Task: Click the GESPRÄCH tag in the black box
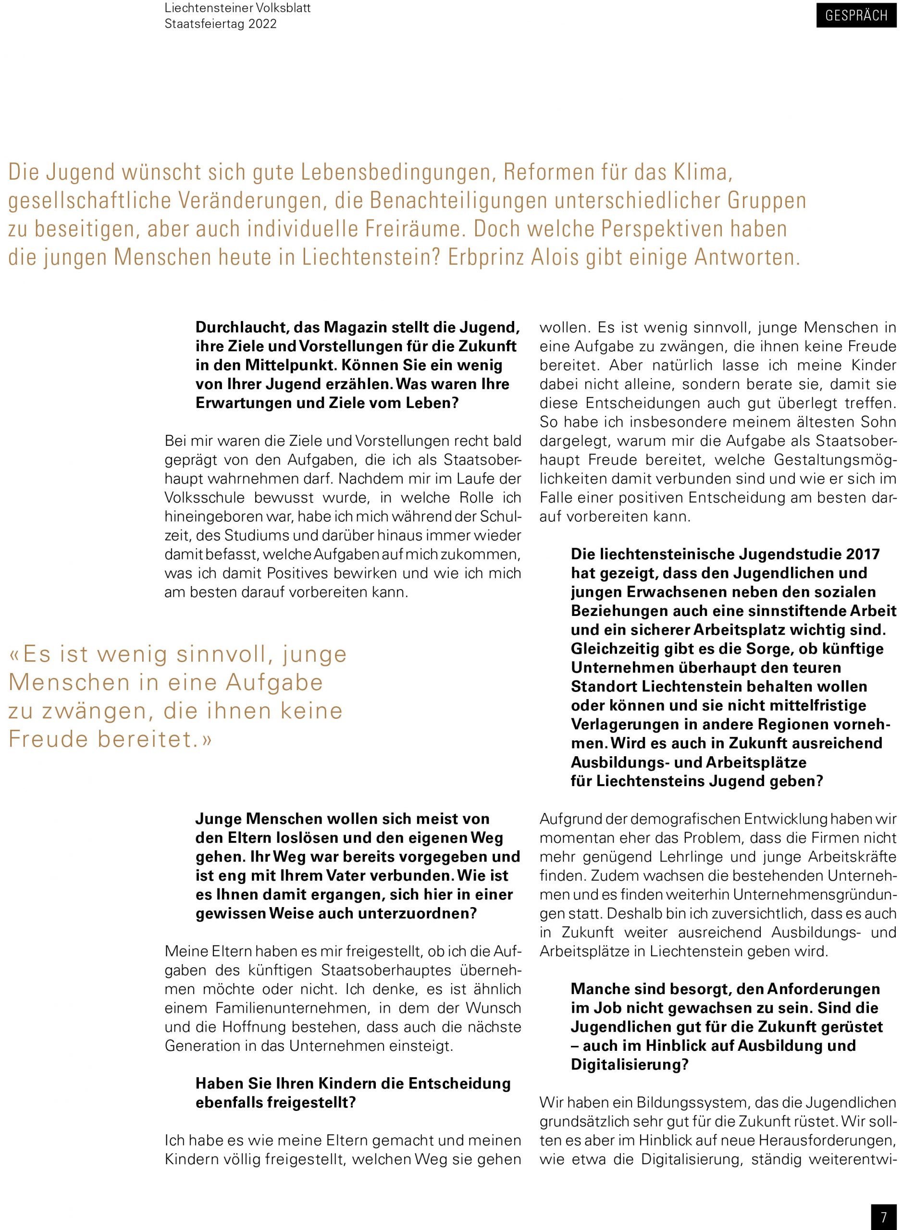(856, 15)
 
